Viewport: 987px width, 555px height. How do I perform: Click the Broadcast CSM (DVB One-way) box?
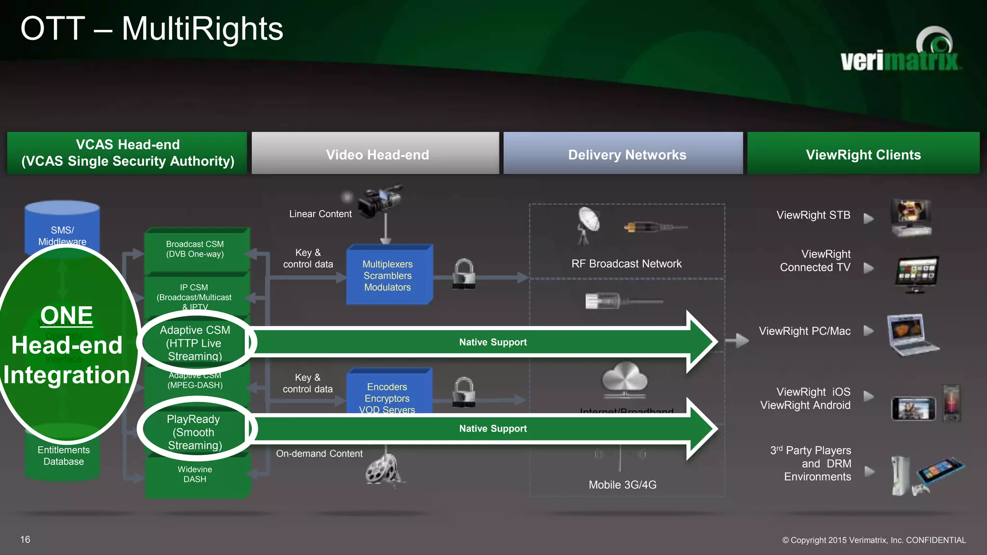pos(195,249)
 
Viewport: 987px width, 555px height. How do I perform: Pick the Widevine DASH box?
pos(195,475)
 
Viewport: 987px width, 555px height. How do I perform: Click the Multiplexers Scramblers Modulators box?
pos(388,276)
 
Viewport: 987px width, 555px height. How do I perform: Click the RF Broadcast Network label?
pos(627,264)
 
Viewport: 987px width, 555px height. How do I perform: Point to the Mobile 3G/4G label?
pos(623,485)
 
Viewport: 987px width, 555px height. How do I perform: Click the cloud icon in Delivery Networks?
pos(625,379)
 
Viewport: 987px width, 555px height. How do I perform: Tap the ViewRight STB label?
pos(814,215)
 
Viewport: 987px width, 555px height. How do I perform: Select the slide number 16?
pos(25,540)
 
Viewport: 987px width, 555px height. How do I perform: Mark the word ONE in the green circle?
pos(67,316)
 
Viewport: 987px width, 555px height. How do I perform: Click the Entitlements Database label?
pos(64,456)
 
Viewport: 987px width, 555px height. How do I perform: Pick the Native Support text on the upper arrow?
pos(493,343)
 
